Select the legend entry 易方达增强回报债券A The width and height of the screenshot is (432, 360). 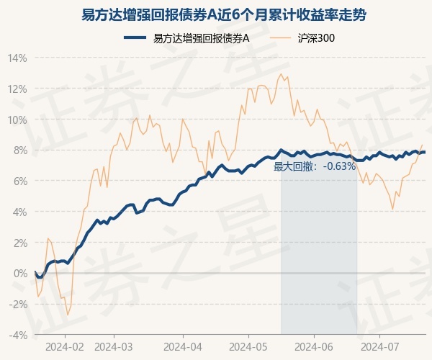[x=202, y=38]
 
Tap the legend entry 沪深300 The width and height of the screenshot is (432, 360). [x=315, y=38]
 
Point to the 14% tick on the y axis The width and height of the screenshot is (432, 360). [x=19, y=58]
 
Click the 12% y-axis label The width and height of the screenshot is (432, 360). [x=19, y=89]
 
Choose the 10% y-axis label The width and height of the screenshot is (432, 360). [x=19, y=120]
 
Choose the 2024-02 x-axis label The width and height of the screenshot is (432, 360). [x=65, y=346]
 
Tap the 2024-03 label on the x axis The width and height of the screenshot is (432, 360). [x=114, y=346]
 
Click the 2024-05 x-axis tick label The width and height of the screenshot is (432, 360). [x=248, y=346]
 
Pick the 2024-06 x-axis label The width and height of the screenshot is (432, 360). [x=315, y=346]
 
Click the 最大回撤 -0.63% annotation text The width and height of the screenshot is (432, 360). [x=315, y=166]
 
